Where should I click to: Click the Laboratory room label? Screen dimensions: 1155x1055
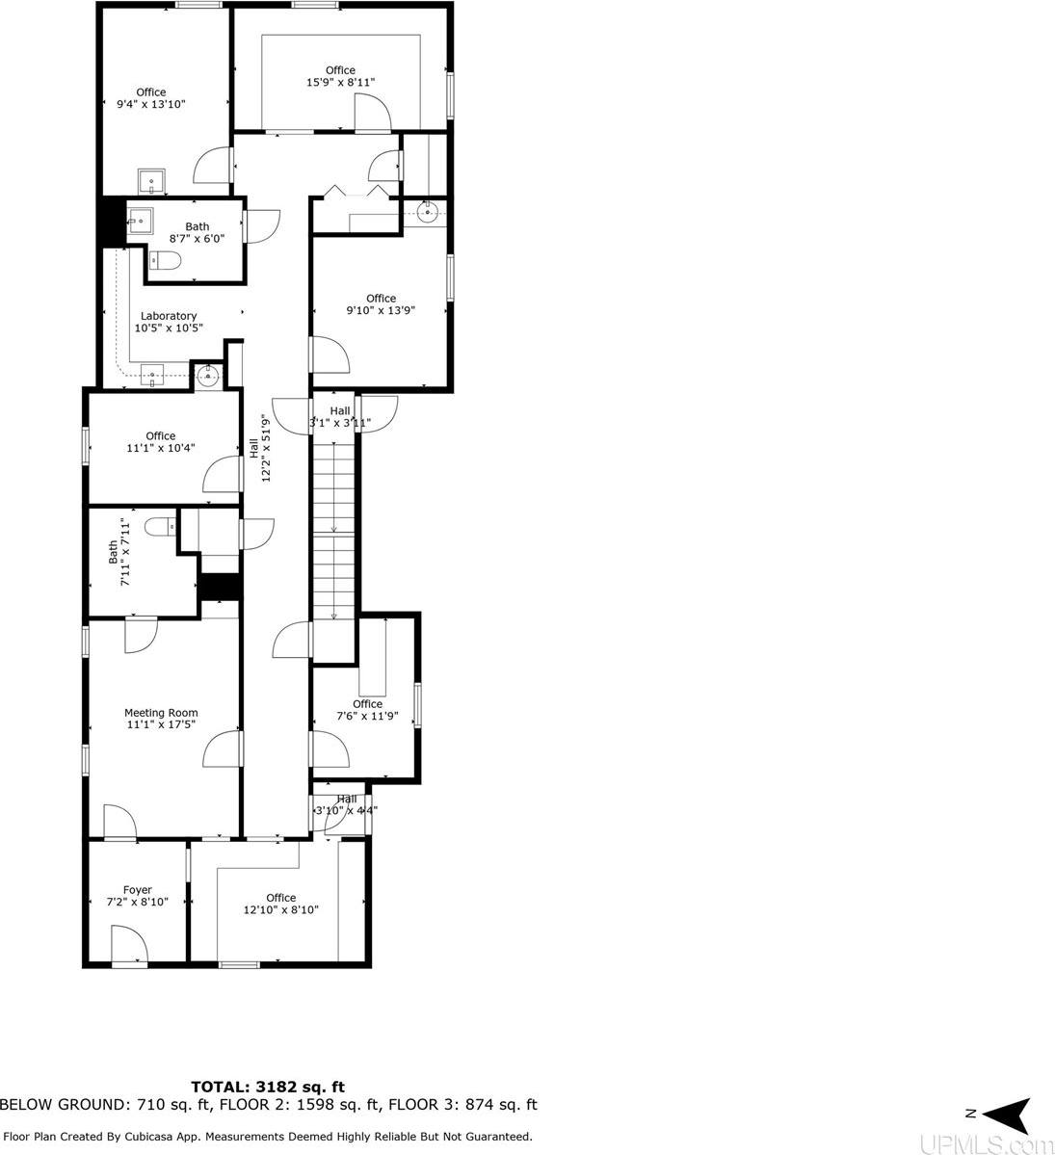click(169, 316)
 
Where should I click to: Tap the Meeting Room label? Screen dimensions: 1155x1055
click(161, 713)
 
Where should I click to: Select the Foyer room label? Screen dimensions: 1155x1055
click(137, 890)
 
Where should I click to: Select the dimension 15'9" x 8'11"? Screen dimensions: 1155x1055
click(340, 83)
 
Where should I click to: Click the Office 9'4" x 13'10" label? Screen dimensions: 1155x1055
click(150, 98)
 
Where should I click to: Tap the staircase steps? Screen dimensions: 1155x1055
click(333, 530)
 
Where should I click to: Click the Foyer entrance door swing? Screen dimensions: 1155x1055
click(128, 944)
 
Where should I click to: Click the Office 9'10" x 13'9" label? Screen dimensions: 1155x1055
click(381, 304)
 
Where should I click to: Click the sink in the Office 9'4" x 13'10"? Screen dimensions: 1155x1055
click(151, 181)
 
